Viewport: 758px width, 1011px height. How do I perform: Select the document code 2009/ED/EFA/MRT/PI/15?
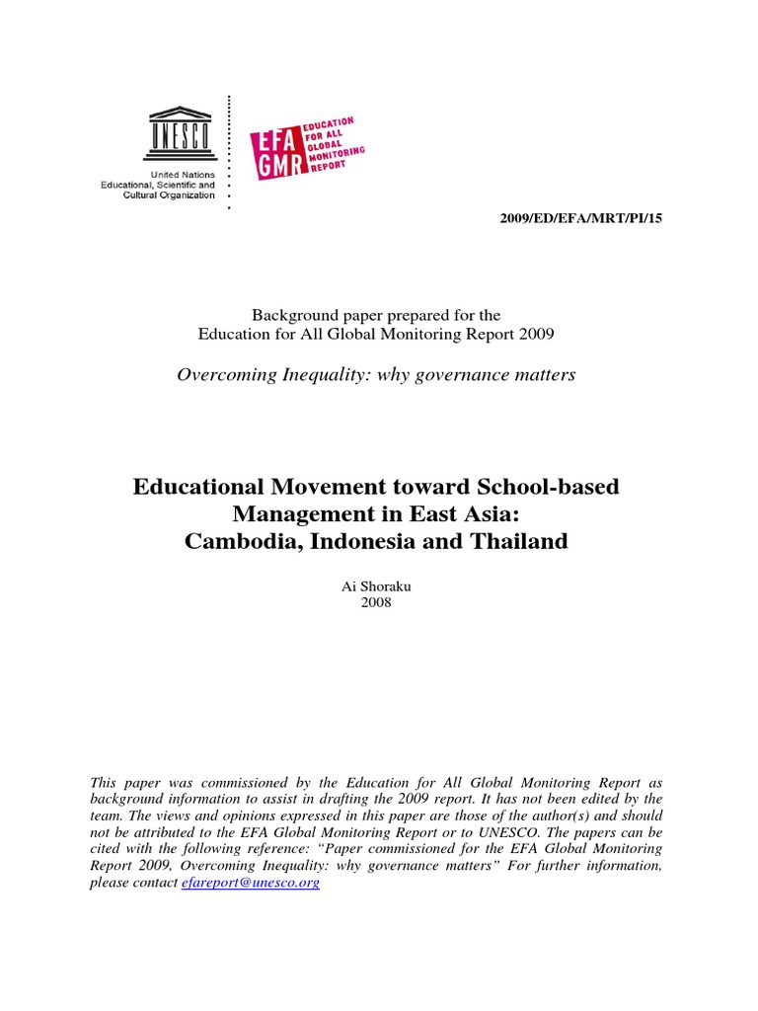pos(582,217)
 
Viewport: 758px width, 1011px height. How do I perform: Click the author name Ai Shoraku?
pos(376,586)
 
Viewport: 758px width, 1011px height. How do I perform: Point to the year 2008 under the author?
pos(376,602)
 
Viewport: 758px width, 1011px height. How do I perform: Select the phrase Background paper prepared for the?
pos(376,315)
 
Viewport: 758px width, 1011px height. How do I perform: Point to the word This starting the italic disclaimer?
pos(103,782)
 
